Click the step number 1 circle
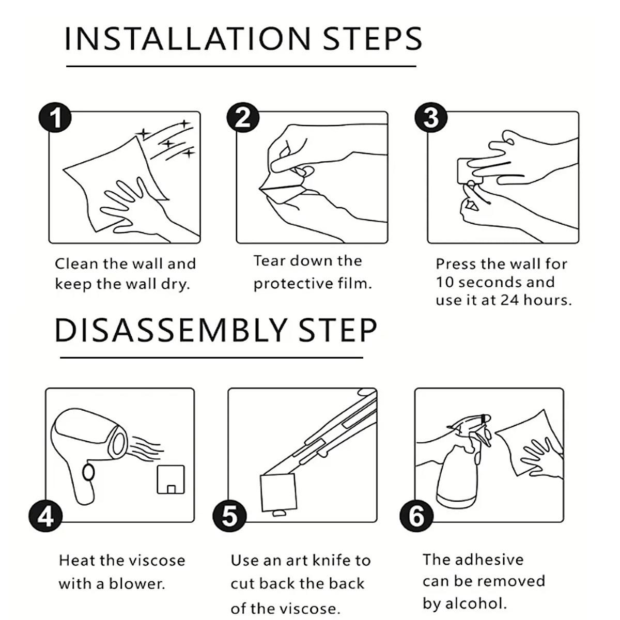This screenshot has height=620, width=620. point(55,117)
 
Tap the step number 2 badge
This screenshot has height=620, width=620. point(243,117)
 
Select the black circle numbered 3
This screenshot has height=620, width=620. point(431,117)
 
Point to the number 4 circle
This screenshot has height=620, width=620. point(45,516)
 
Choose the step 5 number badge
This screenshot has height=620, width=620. point(229,516)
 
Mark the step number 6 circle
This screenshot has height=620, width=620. point(416,516)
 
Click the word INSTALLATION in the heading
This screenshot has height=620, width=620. point(188,39)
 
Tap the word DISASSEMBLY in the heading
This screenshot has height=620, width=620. point(171,331)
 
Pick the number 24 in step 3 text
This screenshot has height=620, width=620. point(509,300)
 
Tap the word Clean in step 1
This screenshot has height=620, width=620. point(76,264)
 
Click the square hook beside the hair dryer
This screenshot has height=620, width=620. point(171,479)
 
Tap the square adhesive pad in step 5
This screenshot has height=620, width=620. point(278,492)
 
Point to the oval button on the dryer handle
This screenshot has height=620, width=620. point(88,473)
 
